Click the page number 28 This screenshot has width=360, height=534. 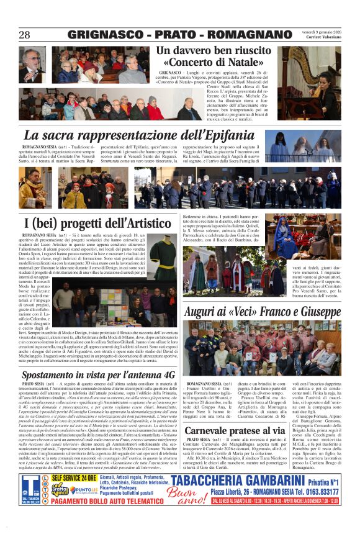tap(24, 35)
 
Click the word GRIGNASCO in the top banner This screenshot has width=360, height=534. tap(104, 35)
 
